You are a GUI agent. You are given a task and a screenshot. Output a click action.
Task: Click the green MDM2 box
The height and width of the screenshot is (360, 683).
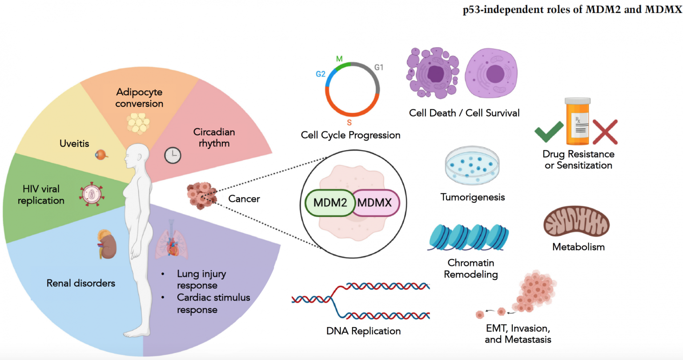click(x=329, y=203)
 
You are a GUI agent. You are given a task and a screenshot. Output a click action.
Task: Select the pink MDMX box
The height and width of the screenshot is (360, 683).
click(x=376, y=203)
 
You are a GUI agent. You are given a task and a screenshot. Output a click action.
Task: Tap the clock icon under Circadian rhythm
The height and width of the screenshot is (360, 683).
click(x=173, y=155)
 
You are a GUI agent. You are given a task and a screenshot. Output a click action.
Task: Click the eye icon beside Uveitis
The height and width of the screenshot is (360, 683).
click(x=101, y=154)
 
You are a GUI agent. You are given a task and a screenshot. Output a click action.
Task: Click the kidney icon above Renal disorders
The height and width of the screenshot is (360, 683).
click(x=106, y=244)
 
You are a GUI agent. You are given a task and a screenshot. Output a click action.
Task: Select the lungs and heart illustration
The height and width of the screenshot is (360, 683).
click(x=172, y=240)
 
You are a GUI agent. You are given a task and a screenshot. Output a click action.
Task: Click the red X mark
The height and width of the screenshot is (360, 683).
click(x=605, y=132)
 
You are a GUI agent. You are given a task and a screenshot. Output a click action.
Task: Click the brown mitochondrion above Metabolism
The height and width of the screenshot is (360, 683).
click(x=576, y=221)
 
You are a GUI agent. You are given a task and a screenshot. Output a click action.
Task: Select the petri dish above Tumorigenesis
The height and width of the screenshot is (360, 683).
click(x=472, y=167)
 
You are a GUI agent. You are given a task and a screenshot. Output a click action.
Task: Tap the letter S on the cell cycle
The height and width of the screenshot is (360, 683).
click(x=349, y=123)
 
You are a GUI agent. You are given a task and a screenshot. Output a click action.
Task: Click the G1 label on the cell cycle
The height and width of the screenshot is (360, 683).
click(x=378, y=68)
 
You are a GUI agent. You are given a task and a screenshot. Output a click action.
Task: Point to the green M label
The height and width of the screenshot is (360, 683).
click(x=339, y=59)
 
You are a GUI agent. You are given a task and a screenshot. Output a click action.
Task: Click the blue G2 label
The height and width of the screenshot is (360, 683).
click(x=321, y=74)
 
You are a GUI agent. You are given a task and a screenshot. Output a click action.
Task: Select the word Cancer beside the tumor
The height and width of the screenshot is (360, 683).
click(x=244, y=199)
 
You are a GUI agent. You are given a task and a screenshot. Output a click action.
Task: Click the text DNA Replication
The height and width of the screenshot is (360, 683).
click(x=363, y=331)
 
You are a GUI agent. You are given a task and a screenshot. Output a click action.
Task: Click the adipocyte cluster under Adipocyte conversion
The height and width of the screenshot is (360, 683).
click(x=139, y=123)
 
